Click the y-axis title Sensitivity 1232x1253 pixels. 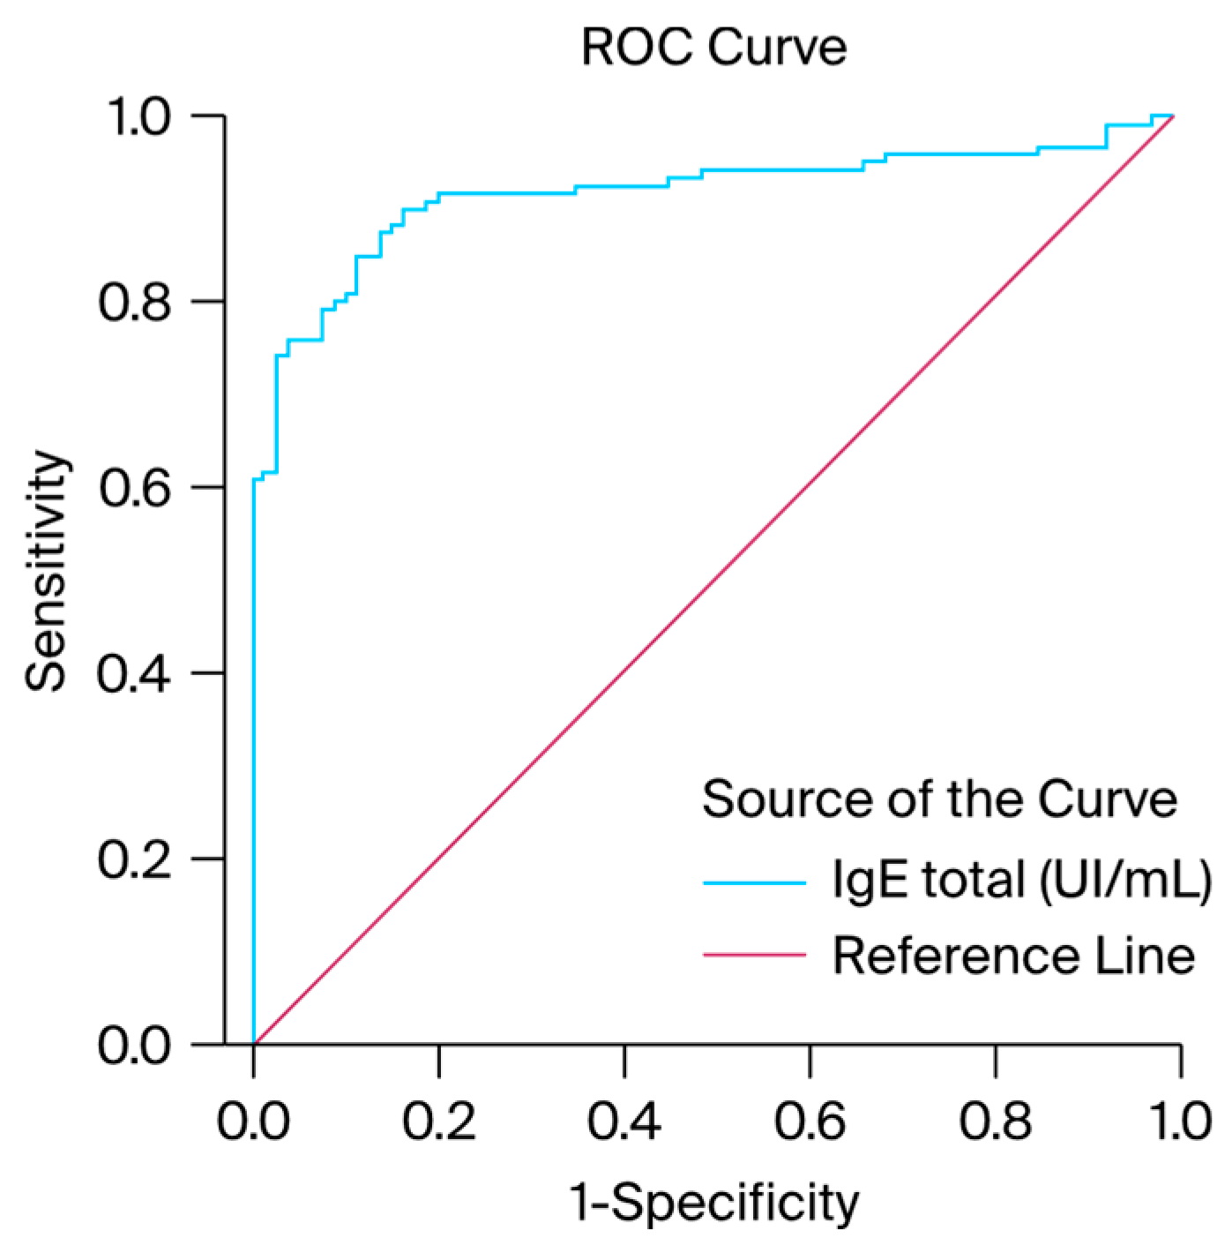point(46,571)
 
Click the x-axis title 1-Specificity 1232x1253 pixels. point(714,1202)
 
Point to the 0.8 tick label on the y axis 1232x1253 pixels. point(134,302)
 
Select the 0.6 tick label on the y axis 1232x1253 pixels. point(134,487)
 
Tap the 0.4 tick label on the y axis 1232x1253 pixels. point(134,673)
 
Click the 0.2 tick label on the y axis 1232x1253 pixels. point(134,859)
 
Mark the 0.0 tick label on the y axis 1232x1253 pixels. point(134,1045)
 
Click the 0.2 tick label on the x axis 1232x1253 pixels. point(438,1122)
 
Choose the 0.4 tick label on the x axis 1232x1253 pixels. point(624,1122)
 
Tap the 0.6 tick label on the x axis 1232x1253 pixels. point(810,1122)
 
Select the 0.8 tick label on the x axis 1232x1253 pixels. point(996,1122)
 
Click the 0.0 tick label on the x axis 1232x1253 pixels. point(253,1122)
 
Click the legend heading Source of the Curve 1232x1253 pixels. point(939,799)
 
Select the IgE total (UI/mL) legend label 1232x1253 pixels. point(1022,880)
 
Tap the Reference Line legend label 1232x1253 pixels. point(1013,956)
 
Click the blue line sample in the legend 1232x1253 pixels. point(754,882)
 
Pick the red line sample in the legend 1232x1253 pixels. point(754,955)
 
